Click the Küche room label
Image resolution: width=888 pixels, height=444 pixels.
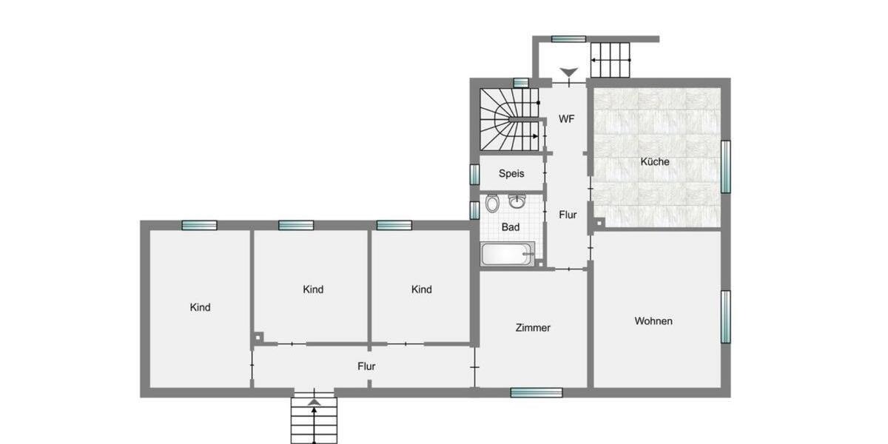coord(655,161)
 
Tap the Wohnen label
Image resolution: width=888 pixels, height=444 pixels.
coord(653,321)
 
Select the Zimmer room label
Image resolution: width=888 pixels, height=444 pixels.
coord(533,327)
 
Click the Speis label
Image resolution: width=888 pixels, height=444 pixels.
coord(511,173)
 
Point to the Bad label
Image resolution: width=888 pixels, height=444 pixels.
coord(511,227)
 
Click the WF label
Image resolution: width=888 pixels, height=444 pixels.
coord(567,118)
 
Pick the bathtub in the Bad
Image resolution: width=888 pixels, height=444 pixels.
coord(508,254)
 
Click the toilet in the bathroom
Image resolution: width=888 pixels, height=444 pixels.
coord(493,203)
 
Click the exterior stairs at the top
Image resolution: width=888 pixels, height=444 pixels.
coord(610,59)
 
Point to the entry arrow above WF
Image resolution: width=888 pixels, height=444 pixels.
coord(568,73)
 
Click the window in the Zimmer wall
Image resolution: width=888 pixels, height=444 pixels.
coord(536,392)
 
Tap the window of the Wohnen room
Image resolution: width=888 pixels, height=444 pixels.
coord(726,317)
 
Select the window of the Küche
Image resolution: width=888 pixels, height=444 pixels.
coord(726,166)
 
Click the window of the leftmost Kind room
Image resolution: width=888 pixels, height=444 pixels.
coord(200,226)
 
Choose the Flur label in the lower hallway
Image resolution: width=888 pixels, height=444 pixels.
coord(366,366)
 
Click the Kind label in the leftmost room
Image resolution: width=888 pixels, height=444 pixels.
coord(200,307)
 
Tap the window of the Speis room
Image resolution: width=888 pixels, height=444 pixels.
coord(474,174)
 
